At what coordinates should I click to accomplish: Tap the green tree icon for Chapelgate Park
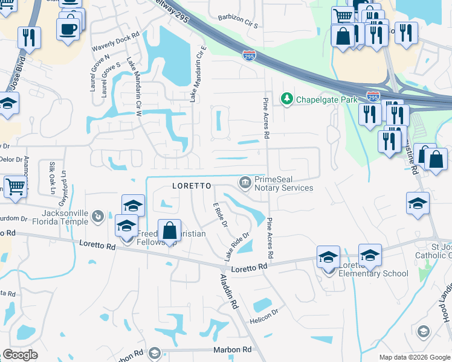286,98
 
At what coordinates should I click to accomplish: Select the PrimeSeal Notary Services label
283,183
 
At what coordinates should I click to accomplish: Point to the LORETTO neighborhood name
192,186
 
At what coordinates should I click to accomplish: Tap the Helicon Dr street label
266,313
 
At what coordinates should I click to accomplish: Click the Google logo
20,355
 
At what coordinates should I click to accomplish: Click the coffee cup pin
68,28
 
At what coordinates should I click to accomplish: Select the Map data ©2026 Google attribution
414,357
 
